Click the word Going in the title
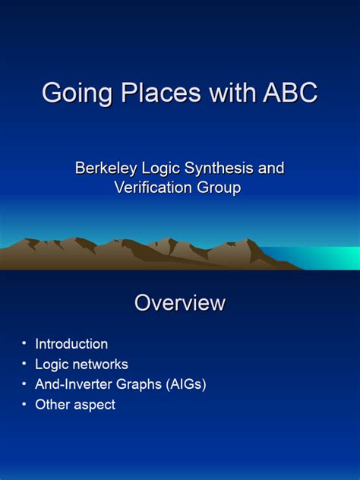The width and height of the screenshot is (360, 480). pos(72,93)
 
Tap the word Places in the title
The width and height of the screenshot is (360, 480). pos(151,93)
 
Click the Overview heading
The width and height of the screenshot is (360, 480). pos(180,303)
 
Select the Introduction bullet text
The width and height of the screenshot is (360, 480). pos(71,344)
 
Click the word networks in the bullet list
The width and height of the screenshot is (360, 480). pos(101,365)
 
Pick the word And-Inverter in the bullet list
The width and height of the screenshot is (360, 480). pos(73,385)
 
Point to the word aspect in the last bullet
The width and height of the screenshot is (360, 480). pos(95,405)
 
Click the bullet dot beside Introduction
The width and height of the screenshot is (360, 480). pos(24,343)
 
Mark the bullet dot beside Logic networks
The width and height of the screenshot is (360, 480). pos(24,364)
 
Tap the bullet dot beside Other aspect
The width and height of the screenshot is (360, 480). pos(24,404)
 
